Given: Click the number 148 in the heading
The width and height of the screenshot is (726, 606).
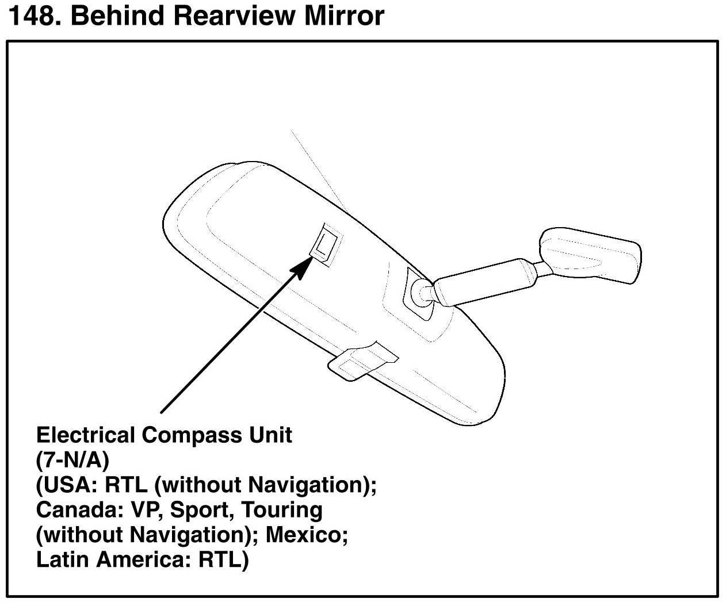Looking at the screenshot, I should tap(33, 16).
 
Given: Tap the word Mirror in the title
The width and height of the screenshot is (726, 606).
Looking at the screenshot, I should tap(344, 16).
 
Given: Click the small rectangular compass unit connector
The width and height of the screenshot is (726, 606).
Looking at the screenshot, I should tap(326, 244).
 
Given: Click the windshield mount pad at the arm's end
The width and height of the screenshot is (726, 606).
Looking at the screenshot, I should tap(590, 256).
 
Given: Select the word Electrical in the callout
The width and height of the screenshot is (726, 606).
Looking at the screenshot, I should tap(86, 435).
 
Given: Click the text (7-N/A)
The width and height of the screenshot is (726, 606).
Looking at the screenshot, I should tap(72, 461).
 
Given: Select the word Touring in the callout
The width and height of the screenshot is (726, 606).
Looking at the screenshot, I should tap(281, 510).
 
